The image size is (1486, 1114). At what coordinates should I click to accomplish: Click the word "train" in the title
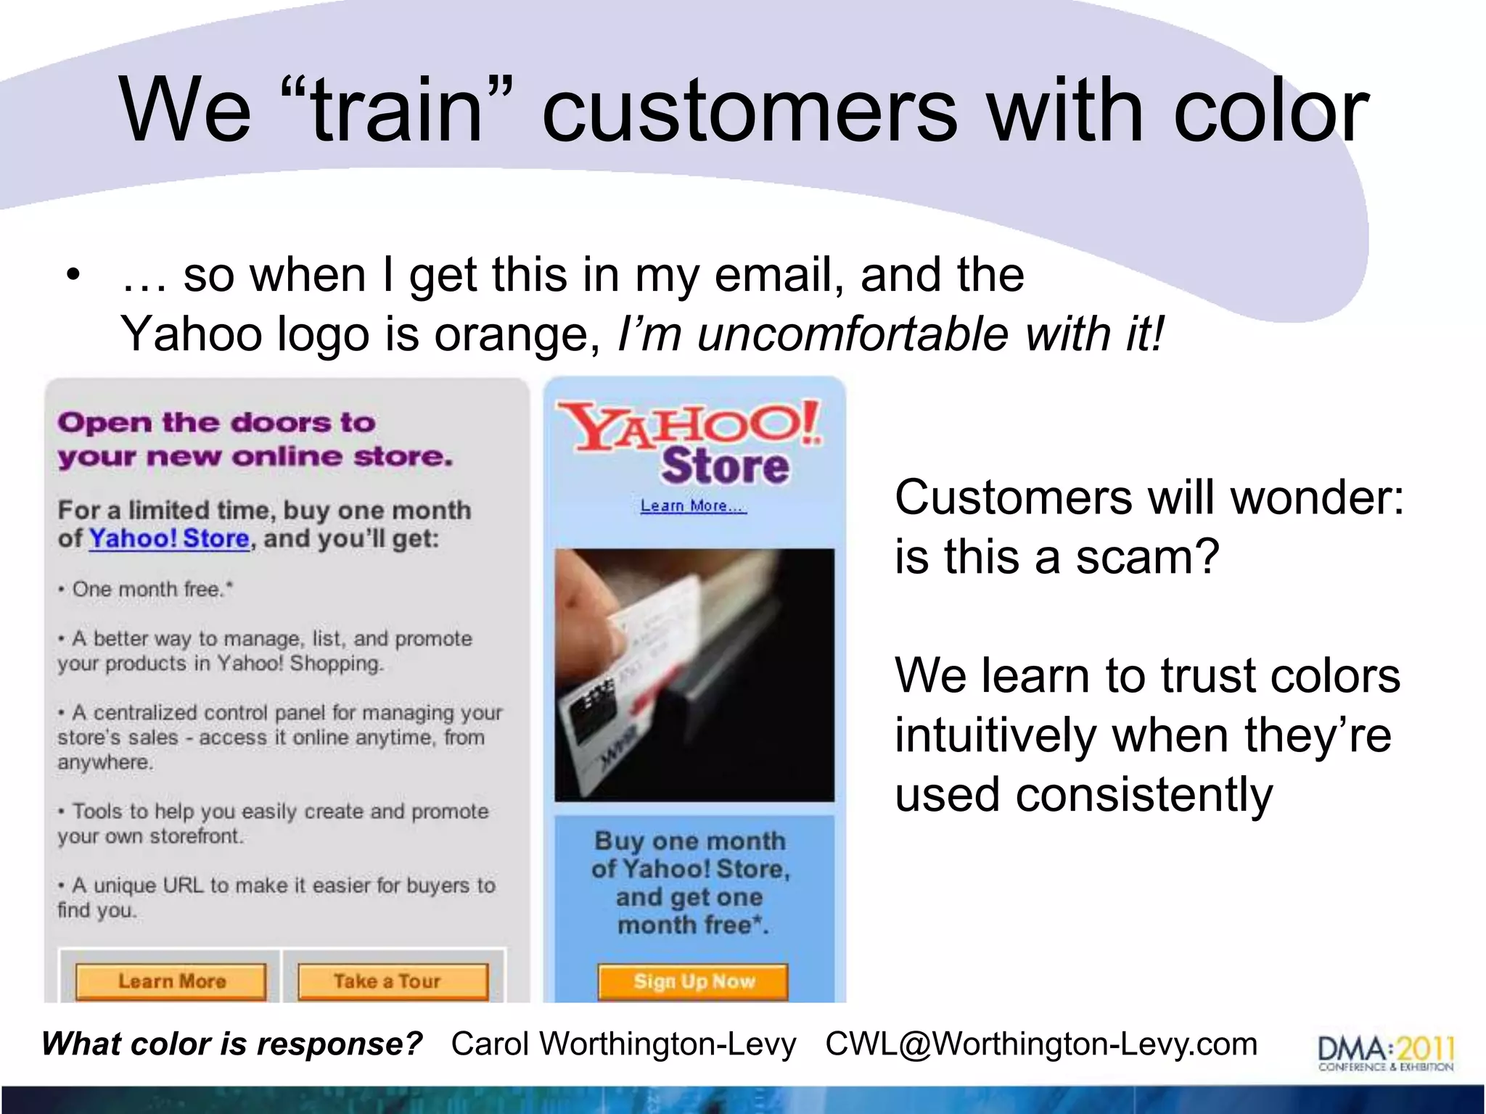click(397, 110)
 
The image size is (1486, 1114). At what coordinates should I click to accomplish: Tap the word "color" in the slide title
click(1270, 110)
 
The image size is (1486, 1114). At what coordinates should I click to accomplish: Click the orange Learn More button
click(171, 981)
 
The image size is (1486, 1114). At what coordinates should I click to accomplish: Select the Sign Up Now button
click(694, 981)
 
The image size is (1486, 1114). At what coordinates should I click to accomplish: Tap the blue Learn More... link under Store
click(693, 506)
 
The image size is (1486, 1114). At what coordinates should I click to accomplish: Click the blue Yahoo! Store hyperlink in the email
click(169, 538)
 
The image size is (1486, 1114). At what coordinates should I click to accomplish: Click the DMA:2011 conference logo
click(1385, 1052)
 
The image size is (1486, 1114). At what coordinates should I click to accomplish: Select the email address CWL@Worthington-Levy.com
click(1040, 1044)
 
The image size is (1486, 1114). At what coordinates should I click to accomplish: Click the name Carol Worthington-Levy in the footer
click(623, 1044)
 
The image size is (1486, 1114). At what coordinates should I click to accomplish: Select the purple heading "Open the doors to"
click(216, 422)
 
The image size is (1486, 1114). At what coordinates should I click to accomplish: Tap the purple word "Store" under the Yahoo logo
click(724, 466)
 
